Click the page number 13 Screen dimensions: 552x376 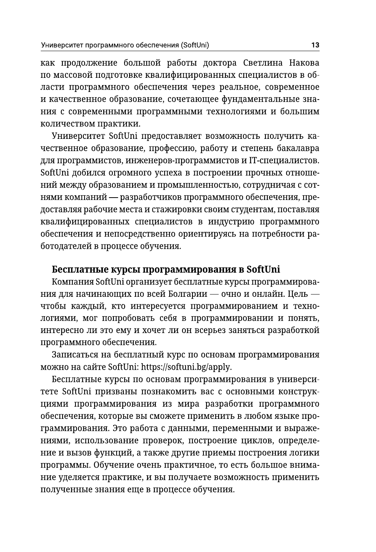click(315, 45)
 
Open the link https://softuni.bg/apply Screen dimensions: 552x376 click(186, 367)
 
